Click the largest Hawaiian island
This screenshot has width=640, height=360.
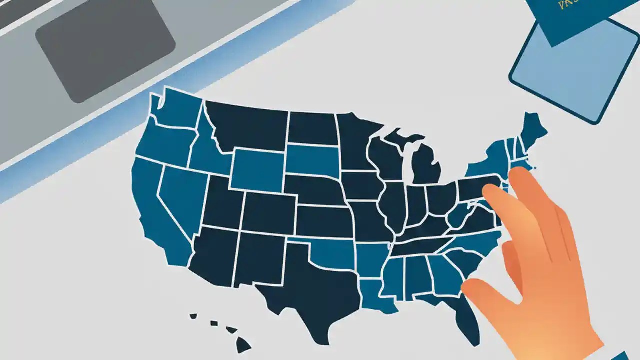(x=243, y=343)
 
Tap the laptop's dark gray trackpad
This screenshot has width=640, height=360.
(x=105, y=50)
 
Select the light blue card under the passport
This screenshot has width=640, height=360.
(x=575, y=75)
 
